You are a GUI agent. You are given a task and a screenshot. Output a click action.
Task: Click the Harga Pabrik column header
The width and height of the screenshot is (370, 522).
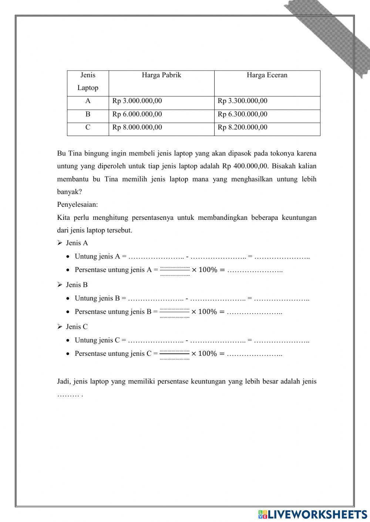161,75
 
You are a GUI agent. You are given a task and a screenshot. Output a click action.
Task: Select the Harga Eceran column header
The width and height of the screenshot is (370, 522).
267,75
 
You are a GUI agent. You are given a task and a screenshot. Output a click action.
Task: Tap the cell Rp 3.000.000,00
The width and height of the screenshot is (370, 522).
137,101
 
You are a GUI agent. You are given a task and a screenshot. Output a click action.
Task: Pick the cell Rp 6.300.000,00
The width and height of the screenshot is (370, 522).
242,114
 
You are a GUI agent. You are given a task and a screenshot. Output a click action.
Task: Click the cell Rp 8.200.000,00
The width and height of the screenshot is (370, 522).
242,127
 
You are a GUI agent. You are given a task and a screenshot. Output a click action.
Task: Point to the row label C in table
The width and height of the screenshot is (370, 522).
88,127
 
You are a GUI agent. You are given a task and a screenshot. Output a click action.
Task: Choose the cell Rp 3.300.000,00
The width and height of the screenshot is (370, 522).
242,101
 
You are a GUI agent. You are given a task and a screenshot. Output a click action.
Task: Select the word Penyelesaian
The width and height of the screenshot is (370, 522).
77,205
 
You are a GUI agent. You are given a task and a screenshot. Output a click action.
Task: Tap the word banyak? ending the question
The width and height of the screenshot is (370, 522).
70,192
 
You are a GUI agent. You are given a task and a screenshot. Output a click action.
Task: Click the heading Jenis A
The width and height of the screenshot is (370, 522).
77,243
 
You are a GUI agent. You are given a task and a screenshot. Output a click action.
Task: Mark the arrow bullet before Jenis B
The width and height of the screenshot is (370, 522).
60,285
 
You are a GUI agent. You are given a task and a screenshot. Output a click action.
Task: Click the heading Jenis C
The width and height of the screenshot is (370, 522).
77,327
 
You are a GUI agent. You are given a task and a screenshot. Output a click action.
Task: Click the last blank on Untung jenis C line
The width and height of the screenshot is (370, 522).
282,340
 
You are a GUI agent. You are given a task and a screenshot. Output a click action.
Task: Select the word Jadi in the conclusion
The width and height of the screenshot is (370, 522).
64,382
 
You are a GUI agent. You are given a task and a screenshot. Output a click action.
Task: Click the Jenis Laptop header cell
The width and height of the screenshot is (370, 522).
88,82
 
